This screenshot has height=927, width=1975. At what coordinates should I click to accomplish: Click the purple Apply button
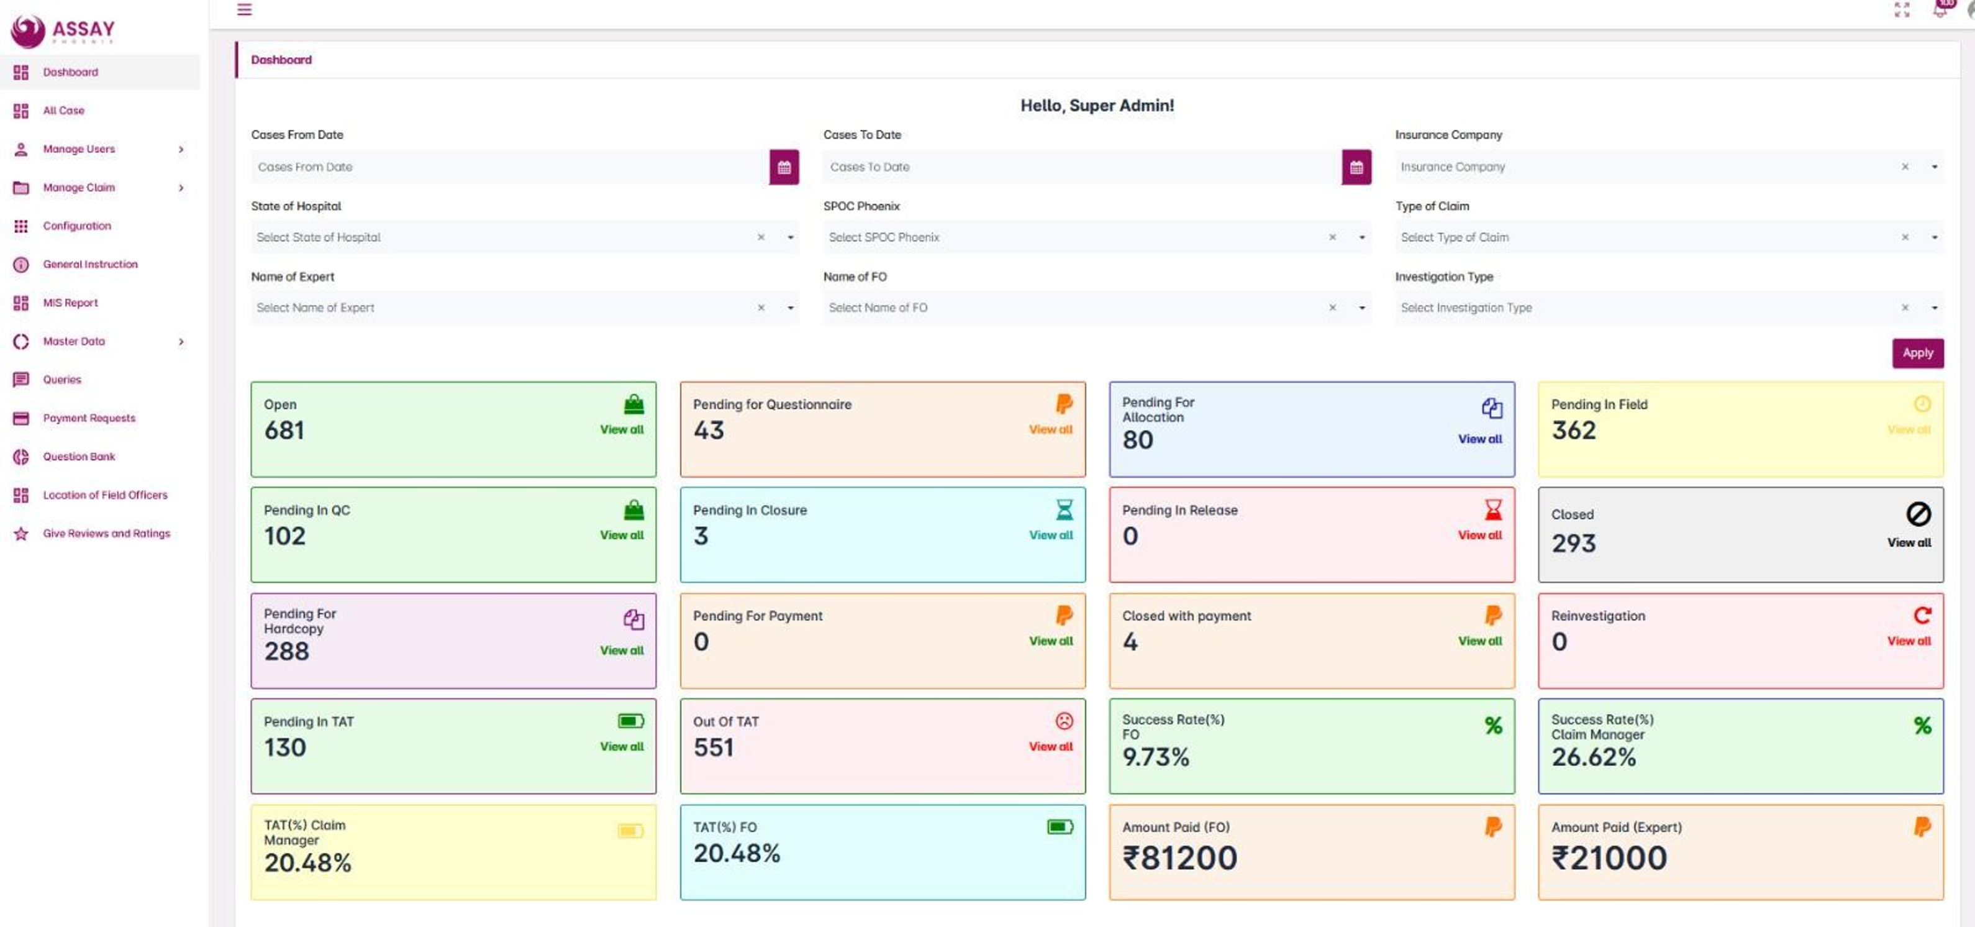pos(1917,353)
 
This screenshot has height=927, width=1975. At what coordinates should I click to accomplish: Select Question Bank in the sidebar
pos(79,456)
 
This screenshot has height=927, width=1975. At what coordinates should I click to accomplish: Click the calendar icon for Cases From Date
pos(784,167)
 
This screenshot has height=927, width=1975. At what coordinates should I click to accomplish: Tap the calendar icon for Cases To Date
pos(1356,167)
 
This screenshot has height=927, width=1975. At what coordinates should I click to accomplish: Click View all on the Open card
pos(622,429)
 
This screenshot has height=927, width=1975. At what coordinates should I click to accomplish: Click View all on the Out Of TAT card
pos(1050,746)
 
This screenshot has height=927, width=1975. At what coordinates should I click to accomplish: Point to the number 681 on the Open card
pos(284,430)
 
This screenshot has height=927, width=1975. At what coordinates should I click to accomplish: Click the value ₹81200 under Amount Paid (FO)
pos(1179,857)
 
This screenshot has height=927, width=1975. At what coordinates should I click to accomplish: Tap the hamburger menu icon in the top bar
pos(245,9)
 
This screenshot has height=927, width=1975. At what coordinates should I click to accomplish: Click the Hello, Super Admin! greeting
pos(1096,106)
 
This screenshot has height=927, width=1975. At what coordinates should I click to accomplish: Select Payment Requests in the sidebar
pos(89,418)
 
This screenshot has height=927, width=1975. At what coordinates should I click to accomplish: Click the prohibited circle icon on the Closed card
pos(1918,514)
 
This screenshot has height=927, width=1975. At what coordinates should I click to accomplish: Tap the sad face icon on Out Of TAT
pos(1064,721)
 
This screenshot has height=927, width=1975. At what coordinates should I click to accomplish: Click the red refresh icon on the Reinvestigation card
pos(1922,615)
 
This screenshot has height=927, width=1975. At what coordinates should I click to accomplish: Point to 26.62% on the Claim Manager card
pos(1593,757)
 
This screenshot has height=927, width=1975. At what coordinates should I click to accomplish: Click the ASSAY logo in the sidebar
pos(63,30)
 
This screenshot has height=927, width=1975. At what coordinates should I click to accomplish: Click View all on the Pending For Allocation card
pos(1480,439)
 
